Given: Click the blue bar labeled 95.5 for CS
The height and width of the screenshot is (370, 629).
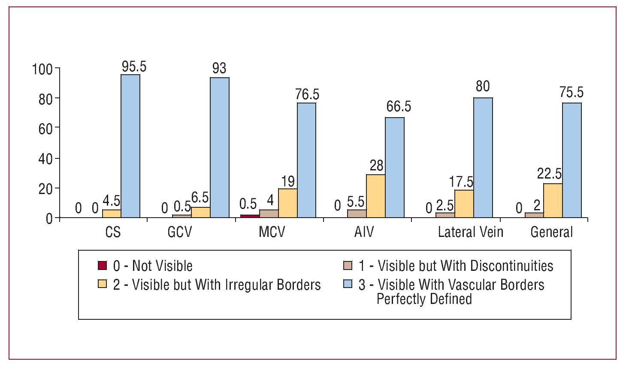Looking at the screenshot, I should (130, 146).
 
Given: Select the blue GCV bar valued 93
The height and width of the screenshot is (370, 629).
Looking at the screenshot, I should (219, 148).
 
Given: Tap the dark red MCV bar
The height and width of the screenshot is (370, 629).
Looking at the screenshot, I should (250, 216).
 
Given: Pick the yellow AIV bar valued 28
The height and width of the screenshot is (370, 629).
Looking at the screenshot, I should (375, 196).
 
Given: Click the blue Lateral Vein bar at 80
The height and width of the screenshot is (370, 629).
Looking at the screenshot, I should (483, 158).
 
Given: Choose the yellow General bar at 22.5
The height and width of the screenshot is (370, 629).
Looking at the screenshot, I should (553, 200).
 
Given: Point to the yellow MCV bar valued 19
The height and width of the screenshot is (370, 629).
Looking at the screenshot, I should (287, 203).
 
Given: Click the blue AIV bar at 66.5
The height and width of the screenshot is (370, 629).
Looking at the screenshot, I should (394, 167).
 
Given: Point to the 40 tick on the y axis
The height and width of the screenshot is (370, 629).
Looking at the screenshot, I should (45, 159).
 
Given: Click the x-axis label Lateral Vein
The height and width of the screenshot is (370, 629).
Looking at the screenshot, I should (470, 232).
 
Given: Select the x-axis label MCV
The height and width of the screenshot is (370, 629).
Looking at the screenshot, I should (272, 232).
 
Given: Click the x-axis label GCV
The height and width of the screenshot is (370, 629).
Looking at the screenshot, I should (180, 232).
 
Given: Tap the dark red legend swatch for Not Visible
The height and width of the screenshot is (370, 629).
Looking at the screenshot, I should (102, 266).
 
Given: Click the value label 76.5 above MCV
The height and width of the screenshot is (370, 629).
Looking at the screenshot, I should (307, 94).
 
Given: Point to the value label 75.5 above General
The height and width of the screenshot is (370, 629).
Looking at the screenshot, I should (571, 93).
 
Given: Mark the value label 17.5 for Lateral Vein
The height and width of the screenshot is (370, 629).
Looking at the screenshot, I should (461, 182).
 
